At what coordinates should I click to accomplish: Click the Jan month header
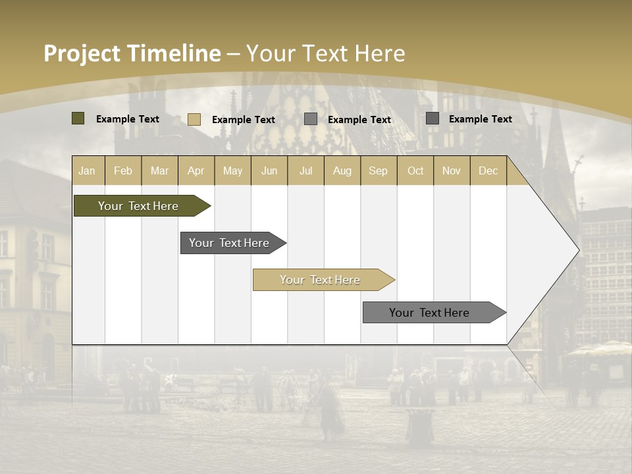(88, 171)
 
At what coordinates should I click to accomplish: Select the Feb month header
(123, 171)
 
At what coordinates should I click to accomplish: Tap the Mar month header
(159, 171)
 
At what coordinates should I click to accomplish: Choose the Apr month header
(196, 171)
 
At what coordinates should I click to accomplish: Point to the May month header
(232, 171)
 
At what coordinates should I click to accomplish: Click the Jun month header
(269, 171)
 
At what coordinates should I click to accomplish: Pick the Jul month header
(305, 171)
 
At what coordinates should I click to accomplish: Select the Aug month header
(342, 171)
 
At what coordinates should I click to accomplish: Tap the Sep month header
(379, 171)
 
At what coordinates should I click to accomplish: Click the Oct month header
(415, 171)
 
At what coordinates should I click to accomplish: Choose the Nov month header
(452, 171)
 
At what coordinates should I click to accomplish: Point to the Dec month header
(488, 171)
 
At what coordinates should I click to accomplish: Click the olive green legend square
(78, 118)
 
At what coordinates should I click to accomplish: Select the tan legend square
(194, 119)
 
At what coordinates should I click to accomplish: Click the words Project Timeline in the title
(132, 53)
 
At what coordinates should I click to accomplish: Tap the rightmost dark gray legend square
(433, 118)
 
